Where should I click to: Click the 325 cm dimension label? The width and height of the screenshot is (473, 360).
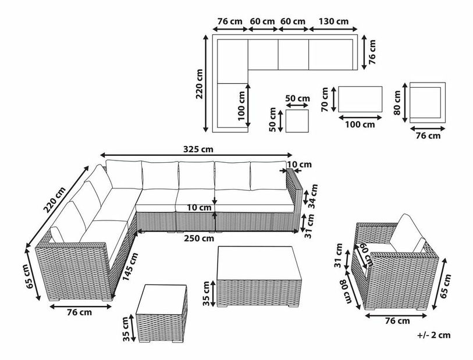198,149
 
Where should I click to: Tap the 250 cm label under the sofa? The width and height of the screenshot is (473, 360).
199,238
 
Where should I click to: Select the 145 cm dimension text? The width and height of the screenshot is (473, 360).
131,266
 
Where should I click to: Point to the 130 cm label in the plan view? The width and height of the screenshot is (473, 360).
333,22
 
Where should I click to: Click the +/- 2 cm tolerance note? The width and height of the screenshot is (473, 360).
434,335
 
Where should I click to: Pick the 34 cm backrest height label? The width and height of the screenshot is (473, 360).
314,196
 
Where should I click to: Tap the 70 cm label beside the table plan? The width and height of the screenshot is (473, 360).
325,99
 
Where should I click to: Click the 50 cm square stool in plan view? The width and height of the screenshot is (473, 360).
297,121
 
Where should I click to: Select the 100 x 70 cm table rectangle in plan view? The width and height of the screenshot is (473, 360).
360,99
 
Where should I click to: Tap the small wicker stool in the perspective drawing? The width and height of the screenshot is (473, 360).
161,313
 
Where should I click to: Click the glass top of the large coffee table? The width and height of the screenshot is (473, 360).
259,263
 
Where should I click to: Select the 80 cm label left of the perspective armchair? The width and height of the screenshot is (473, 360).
345,292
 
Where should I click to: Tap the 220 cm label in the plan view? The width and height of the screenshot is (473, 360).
200,84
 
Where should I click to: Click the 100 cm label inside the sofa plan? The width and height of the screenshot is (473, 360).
242,106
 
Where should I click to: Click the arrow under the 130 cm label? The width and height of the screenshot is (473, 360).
333,29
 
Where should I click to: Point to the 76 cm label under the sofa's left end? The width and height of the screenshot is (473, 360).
79,312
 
